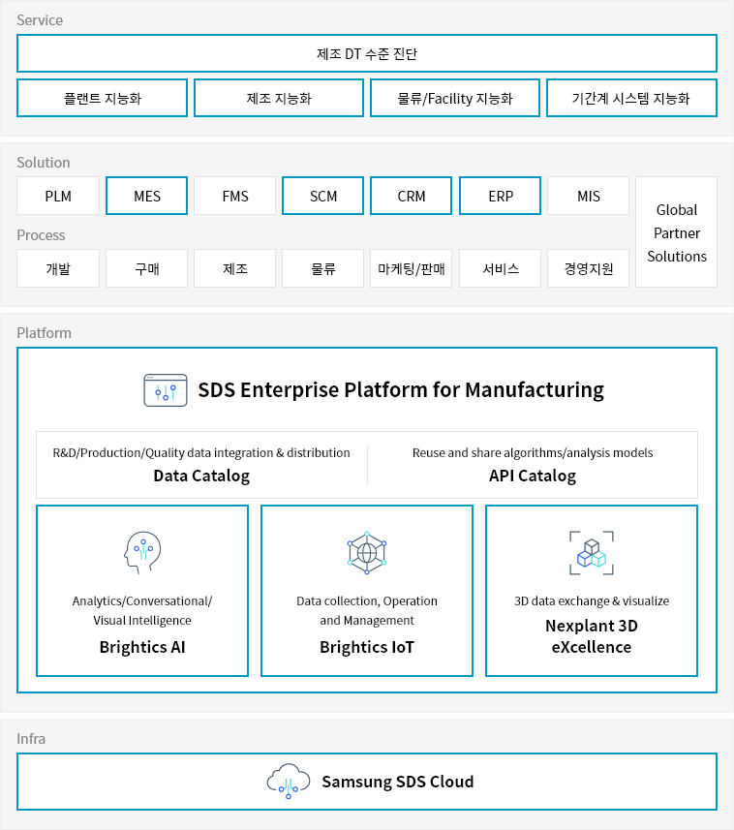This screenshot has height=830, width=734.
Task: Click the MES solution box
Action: (x=146, y=196)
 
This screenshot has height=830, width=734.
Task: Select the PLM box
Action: (x=58, y=196)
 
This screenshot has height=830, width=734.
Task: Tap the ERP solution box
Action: (x=500, y=196)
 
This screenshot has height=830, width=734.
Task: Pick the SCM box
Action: (x=322, y=196)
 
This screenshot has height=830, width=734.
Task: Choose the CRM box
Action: (x=412, y=196)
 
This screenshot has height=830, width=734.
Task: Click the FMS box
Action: (x=235, y=196)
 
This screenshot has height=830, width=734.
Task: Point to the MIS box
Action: (x=589, y=196)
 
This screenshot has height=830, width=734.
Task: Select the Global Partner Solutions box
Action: (x=676, y=232)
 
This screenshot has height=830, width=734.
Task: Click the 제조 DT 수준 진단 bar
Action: (x=367, y=53)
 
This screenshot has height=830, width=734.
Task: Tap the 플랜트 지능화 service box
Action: (x=102, y=98)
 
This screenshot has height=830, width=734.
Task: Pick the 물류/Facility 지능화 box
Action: (x=455, y=98)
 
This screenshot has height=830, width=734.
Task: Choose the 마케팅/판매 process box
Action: (x=412, y=268)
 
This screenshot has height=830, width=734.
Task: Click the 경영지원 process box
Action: (x=589, y=268)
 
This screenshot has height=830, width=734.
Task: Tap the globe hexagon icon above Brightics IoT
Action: (x=367, y=553)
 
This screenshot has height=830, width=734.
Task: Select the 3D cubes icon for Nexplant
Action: (x=592, y=553)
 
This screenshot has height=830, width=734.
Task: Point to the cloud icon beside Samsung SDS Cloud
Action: (x=289, y=782)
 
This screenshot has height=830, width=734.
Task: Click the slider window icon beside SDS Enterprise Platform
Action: (x=166, y=390)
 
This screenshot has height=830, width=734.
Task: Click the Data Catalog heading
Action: (x=201, y=476)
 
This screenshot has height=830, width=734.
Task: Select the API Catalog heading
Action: (x=533, y=476)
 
